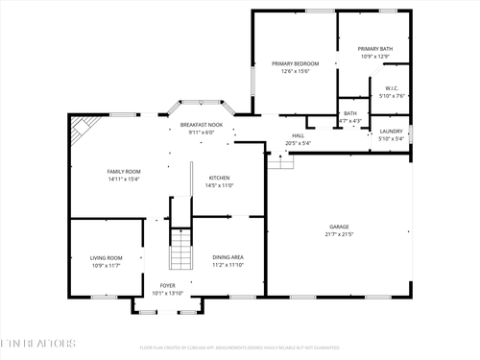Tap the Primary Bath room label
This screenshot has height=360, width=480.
point(374,48)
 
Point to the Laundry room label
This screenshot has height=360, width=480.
point(391,131)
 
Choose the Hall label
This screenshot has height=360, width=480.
point(298,135)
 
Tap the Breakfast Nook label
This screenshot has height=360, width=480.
point(202,126)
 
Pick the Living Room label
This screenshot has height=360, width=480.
point(106,257)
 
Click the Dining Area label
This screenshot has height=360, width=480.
point(227,257)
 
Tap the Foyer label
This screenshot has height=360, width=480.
point(167,285)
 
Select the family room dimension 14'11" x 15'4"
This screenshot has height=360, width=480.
point(124,179)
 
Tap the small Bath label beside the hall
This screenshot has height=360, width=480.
point(349,113)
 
